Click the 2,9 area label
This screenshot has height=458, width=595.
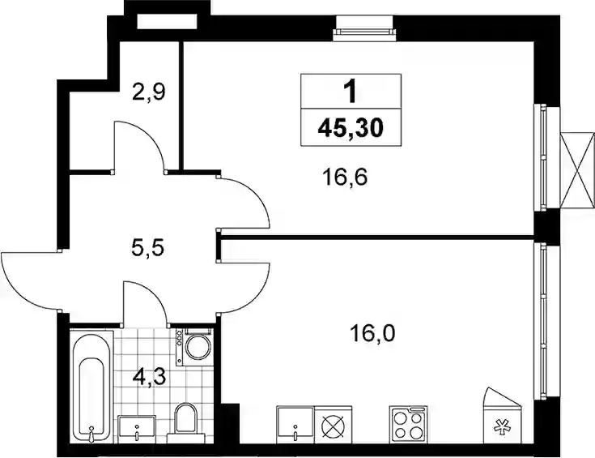coord(149,92)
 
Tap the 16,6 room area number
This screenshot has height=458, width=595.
coord(345,178)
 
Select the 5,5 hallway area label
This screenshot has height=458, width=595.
coord(147,249)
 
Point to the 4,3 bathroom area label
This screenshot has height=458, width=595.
coord(150,379)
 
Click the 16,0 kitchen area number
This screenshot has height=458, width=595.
coord(372,333)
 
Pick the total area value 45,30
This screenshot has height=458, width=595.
coord(351,127)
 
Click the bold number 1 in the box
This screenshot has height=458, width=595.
coord(351,92)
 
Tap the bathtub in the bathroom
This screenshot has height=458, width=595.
coord(91,387)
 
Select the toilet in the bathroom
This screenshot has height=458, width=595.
coord(185,421)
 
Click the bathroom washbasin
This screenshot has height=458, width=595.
coord(137,429)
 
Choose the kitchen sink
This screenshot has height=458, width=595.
coord(295,425)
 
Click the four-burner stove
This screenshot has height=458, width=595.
coord(408,423)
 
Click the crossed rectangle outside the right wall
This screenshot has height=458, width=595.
coord(577,170)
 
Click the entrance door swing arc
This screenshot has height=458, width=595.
coord(18,289)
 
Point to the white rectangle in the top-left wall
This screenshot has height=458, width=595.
coord(168,22)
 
